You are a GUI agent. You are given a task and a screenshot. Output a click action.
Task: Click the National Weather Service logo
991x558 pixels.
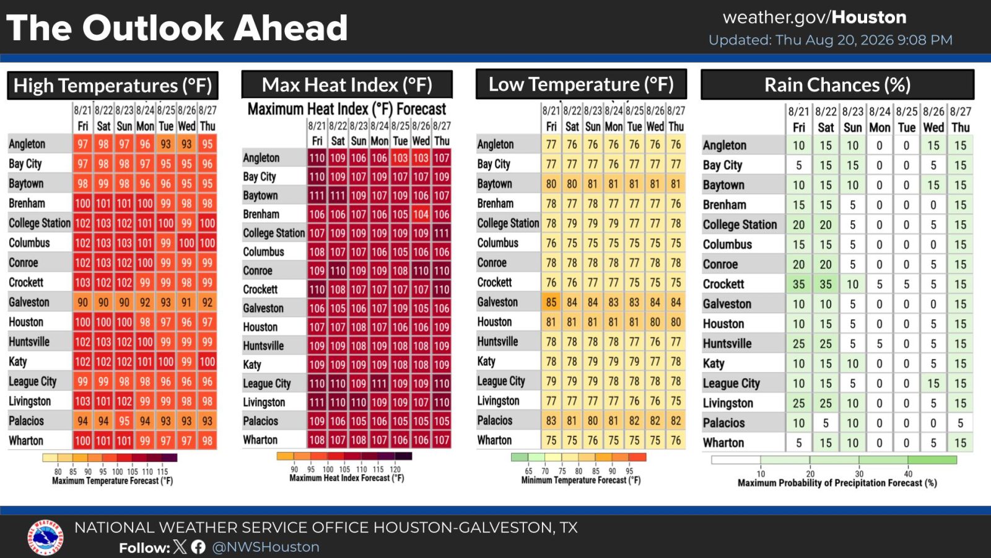(45, 537)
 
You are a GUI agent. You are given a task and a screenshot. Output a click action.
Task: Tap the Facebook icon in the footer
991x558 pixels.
(198, 547)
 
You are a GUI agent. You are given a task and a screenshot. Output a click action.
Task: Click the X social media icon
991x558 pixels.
(180, 547)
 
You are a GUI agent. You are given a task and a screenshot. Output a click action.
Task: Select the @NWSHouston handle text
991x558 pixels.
(266, 547)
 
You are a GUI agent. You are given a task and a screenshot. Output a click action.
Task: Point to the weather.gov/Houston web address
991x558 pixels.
(814, 18)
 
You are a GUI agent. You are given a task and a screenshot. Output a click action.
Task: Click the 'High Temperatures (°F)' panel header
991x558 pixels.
(113, 86)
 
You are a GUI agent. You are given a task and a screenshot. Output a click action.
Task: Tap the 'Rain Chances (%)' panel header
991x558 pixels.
(837, 84)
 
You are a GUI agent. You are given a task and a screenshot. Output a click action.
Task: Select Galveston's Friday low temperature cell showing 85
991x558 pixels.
(551, 302)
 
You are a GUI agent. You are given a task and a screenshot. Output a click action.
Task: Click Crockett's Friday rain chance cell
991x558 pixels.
(798, 284)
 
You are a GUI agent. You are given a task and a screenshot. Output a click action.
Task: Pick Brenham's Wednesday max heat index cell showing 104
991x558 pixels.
(421, 215)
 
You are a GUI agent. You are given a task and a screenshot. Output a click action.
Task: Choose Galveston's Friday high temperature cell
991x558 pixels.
(83, 303)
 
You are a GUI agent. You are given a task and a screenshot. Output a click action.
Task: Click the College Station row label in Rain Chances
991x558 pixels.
(740, 224)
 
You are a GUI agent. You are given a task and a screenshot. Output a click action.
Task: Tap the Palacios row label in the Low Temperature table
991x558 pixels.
(495, 420)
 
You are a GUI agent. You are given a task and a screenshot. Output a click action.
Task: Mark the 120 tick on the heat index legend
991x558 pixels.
(395, 469)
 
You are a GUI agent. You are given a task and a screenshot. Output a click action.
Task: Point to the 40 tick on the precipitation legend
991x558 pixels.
(908, 474)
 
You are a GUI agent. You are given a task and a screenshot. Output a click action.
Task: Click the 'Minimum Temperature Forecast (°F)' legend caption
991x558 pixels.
(580, 480)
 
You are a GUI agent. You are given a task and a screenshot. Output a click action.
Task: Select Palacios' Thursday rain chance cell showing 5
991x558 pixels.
(960, 423)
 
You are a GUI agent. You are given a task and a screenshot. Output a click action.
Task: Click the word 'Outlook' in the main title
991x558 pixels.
(153, 27)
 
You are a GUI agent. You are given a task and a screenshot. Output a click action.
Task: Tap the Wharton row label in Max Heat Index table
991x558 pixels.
(260, 440)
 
